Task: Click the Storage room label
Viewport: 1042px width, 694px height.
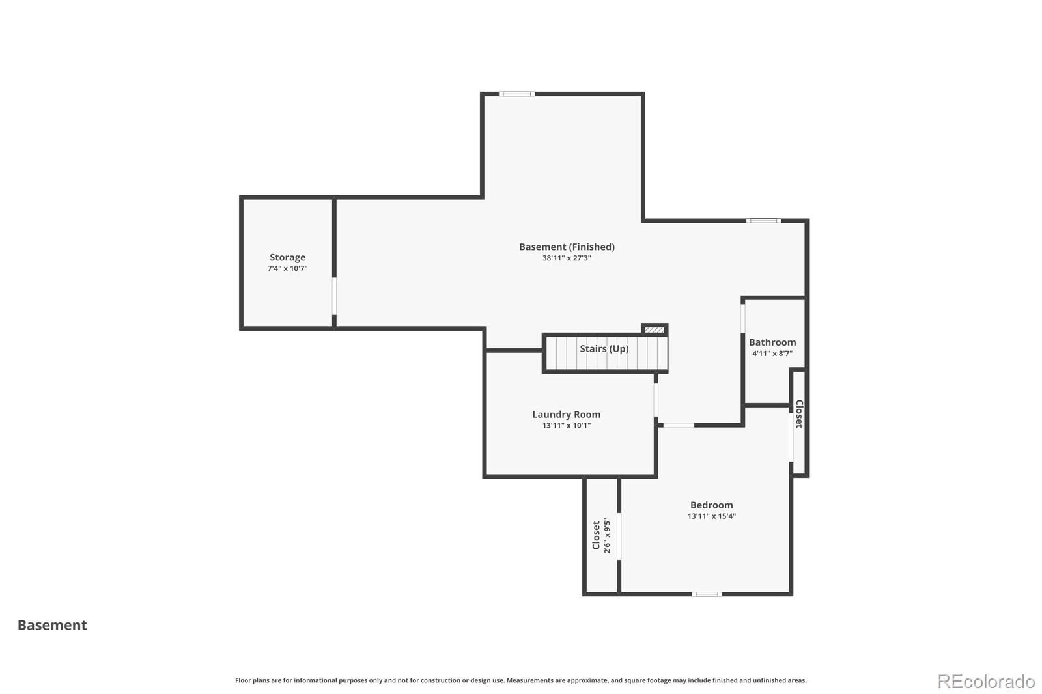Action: [287, 257]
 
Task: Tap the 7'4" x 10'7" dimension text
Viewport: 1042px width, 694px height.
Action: [287, 268]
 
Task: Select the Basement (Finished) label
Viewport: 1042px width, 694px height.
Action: [567, 247]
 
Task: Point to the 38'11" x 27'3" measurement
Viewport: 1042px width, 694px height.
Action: [567, 258]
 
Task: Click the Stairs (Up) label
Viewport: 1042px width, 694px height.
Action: [604, 348]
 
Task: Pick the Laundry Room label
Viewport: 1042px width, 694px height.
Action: [566, 415]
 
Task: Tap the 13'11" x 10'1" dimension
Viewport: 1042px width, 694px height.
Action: [566, 426]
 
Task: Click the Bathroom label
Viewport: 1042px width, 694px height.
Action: [772, 342]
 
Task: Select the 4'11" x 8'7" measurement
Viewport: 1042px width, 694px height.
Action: [772, 354]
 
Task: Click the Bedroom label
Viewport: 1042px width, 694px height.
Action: [711, 505]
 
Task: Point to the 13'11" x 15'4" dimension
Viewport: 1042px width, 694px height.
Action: [711, 516]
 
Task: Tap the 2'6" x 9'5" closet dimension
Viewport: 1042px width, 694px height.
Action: [606, 535]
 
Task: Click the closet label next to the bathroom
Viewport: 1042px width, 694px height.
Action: [799, 414]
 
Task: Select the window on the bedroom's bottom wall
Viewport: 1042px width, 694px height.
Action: [707, 594]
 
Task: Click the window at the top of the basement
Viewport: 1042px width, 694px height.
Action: [516, 94]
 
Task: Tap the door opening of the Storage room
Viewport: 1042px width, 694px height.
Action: [334, 296]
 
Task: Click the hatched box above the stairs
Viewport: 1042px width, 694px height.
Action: [655, 330]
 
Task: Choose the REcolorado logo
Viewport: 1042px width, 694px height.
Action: [986, 682]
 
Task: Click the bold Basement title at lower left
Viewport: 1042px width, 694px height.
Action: [52, 625]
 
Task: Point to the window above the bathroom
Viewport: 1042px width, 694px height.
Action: [763, 221]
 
